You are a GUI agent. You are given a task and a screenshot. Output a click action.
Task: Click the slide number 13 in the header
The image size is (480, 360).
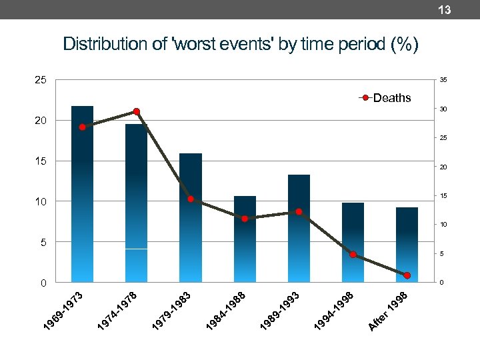click(x=445, y=9)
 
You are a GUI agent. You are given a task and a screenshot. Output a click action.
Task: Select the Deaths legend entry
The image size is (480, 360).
click(x=387, y=98)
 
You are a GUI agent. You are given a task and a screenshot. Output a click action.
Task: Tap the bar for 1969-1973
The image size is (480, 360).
click(x=82, y=200)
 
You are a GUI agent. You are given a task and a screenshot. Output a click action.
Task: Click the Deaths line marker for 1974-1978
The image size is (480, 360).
click(x=136, y=111)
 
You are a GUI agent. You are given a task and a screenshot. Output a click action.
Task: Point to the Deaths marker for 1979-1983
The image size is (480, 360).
click(x=191, y=199)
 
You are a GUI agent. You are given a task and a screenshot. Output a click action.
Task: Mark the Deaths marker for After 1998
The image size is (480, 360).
click(x=407, y=275)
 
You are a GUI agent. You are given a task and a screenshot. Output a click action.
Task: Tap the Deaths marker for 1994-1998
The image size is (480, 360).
click(x=353, y=255)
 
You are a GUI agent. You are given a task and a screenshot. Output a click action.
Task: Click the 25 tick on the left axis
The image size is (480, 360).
click(x=41, y=80)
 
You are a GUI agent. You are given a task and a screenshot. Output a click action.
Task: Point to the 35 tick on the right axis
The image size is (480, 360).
click(x=443, y=80)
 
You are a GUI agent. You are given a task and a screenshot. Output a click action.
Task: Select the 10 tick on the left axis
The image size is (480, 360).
click(x=41, y=201)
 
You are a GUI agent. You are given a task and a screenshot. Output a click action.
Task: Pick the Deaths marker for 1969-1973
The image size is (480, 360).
click(x=82, y=127)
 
